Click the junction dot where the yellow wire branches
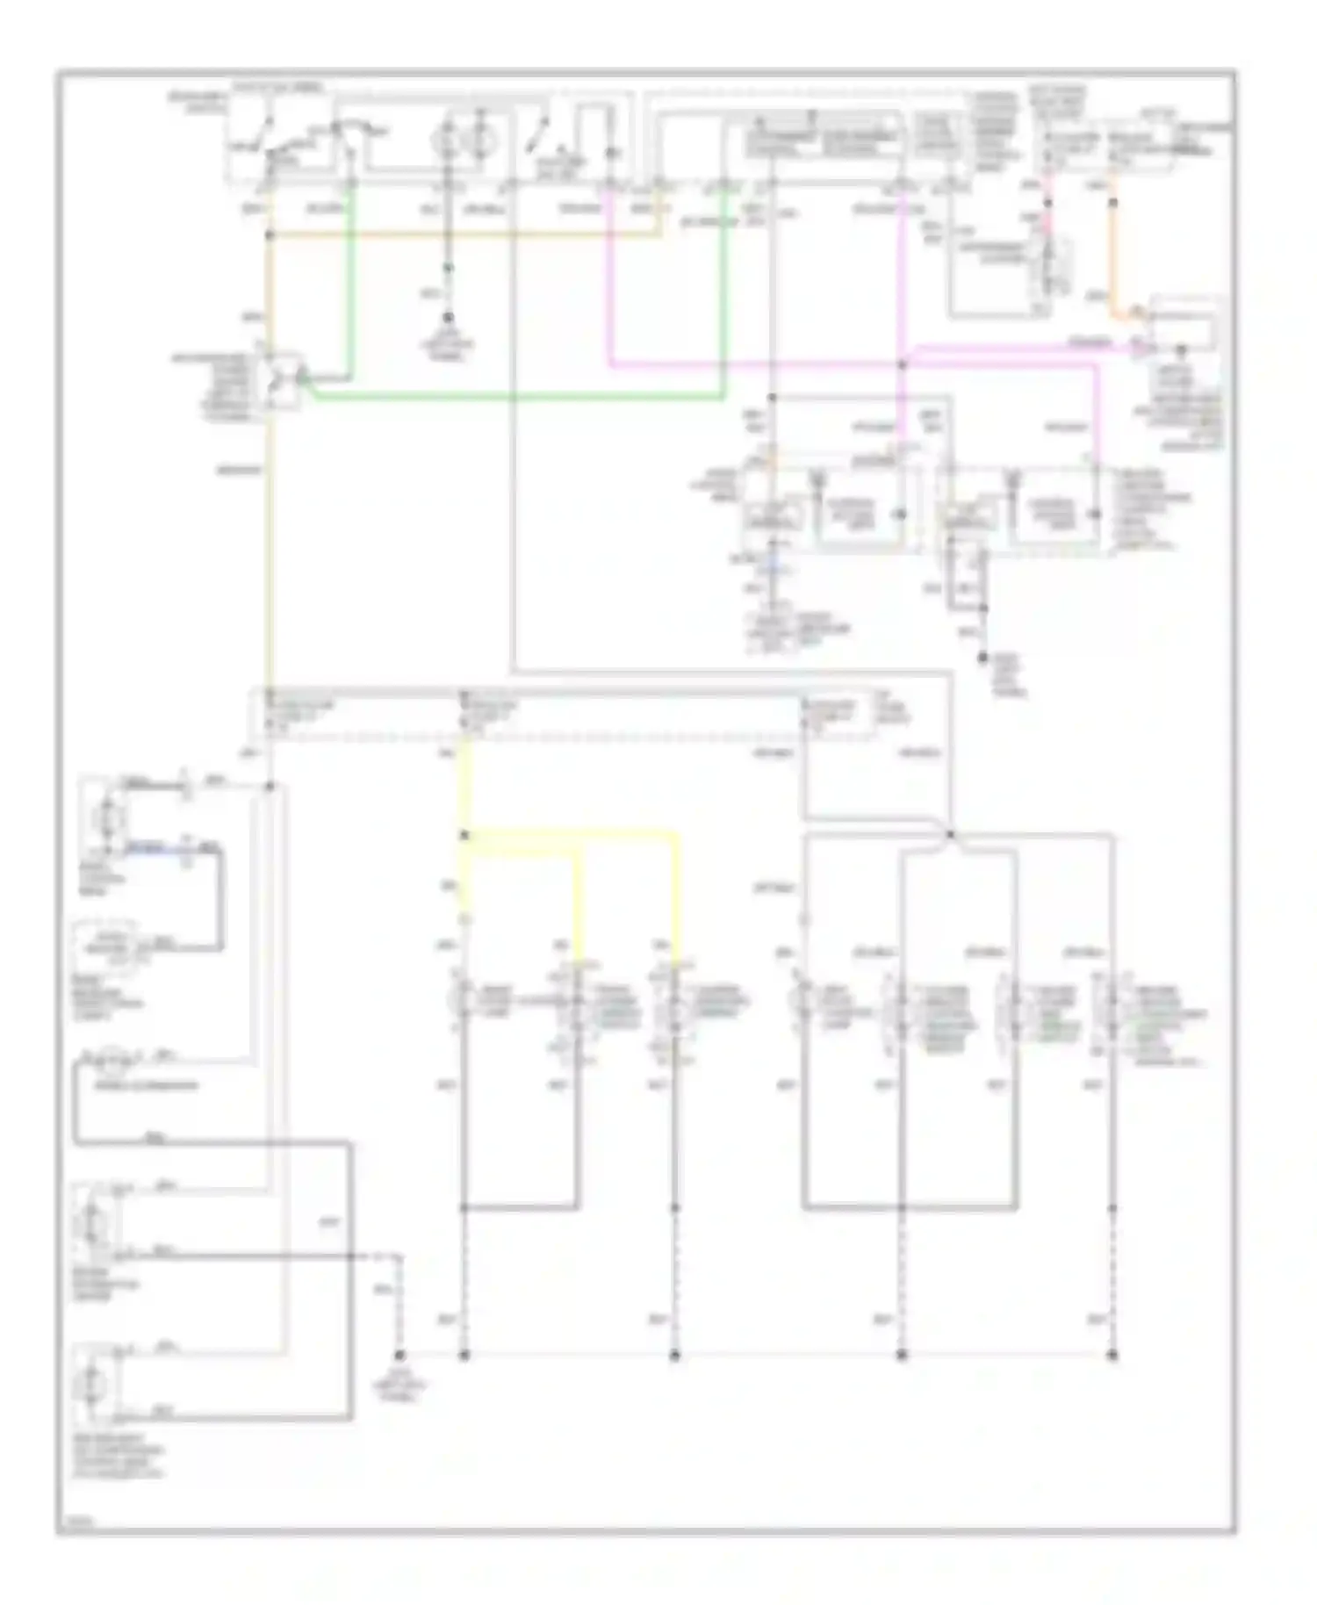(464, 835)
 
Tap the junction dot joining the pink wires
(902, 363)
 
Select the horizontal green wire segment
(518, 398)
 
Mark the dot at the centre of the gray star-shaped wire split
(950, 834)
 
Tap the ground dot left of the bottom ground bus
(399, 1355)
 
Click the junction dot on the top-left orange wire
(270, 234)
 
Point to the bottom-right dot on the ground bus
(1112, 1355)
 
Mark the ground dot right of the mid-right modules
(983, 657)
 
